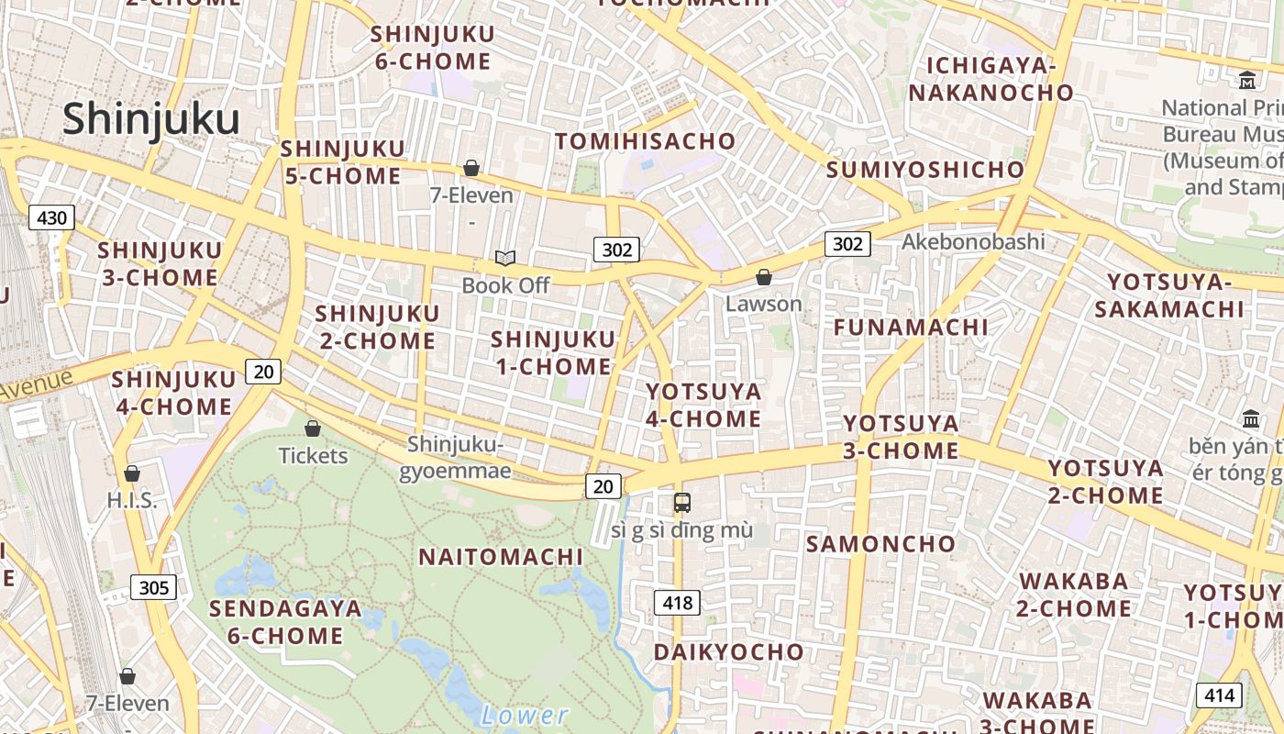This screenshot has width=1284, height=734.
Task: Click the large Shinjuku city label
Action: point(151,119)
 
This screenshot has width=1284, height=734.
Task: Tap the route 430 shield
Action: point(51,217)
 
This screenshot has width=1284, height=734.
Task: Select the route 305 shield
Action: point(153,587)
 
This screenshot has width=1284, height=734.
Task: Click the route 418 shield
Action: point(677,603)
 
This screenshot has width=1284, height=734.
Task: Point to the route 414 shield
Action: point(1219,695)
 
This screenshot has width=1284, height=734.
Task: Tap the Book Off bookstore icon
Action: point(505,259)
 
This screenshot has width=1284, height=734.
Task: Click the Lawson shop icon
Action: point(763,277)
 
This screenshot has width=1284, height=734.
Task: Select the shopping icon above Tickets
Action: point(313,428)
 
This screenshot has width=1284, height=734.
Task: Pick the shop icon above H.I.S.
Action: point(132,473)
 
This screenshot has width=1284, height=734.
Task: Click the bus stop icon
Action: point(681,502)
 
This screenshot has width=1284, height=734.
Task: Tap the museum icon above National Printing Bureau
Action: point(1247,81)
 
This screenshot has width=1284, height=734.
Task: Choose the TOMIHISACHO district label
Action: point(645,141)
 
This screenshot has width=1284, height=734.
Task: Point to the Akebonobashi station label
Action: point(973,241)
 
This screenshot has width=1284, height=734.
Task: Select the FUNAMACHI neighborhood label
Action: point(911,328)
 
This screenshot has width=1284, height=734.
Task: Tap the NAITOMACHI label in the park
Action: point(501,557)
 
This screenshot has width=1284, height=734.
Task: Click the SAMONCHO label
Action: point(880,544)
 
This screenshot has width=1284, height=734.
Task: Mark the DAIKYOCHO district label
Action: point(728,652)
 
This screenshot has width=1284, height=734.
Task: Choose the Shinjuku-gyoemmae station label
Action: point(456,458)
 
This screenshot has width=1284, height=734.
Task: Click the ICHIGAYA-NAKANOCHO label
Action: point(991,79)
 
